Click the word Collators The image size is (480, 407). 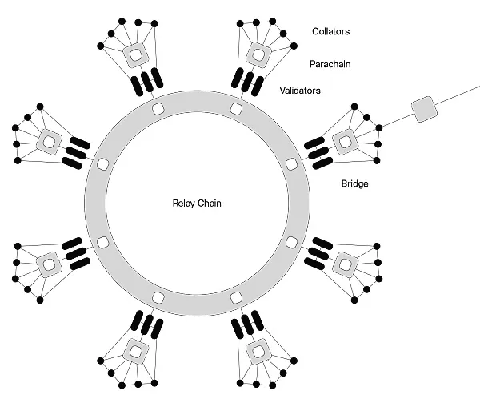(x=330, y=31)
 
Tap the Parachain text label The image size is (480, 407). (x=331, y=62)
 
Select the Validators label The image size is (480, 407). (x=300, y=91)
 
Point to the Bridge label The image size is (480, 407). (x=354, y=183)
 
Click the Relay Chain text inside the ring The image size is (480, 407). (x=197, y=203)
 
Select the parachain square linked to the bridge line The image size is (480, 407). (x=345, y=141)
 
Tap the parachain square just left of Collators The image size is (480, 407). (x=258, y=54)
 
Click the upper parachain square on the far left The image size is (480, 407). (x=50, y=142)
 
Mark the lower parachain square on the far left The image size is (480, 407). (x=50, y=263)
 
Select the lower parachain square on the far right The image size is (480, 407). (x=345, y=263)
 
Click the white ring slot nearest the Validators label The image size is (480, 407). (x=236, y=108)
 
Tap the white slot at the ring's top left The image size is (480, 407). (x=158, y=108)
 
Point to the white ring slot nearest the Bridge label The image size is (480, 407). (x=291, y=164)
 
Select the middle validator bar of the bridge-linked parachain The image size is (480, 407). (x=316, y=151)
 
